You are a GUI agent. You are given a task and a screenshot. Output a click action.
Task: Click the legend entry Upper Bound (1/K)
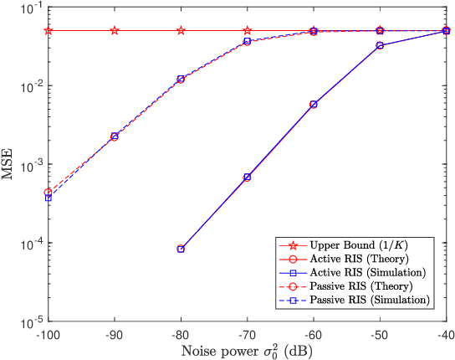[355, 245]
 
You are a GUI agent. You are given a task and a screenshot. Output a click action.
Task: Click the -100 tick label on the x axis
[48, 334]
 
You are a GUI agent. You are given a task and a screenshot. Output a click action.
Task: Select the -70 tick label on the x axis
[248, 334]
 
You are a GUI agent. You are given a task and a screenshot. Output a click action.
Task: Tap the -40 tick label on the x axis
[446, 334]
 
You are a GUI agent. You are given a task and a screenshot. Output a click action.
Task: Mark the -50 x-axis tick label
[380, 334]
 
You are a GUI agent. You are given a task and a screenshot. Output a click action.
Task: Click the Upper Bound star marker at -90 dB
[115, 31]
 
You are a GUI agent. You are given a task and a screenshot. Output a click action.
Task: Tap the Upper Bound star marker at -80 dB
[181, 31]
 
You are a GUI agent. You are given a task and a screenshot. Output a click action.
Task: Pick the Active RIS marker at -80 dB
[181, 249]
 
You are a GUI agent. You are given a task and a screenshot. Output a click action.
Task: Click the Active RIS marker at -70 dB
[248, 177]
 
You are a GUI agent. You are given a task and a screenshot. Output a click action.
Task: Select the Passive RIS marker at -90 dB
[115, 136]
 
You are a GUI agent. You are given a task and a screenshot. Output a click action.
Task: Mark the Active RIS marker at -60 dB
[314, 105]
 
